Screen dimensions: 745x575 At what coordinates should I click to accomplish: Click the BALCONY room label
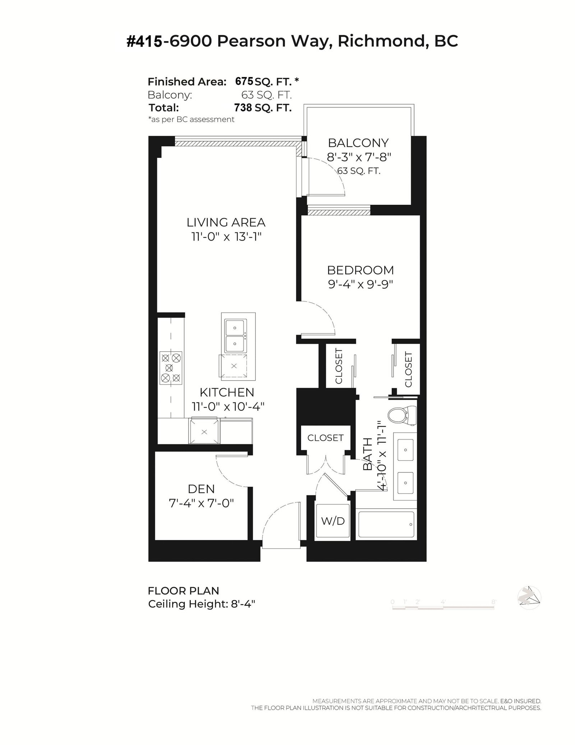click(358, 143)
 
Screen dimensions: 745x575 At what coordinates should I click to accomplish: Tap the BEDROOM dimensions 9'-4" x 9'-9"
click(360, 284)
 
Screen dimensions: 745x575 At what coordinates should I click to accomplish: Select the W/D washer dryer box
click(332, 521)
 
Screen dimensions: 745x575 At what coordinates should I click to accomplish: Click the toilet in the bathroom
click(401, 415)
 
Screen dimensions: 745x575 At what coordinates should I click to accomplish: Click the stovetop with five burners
click(171, 368)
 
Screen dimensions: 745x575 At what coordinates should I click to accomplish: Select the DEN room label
click(201, 489)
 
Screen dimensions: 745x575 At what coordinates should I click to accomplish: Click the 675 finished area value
click(244, 82)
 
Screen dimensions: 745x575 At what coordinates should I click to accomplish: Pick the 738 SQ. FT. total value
click(262, 108)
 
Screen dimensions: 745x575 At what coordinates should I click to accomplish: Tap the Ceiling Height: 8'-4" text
click(201, 604)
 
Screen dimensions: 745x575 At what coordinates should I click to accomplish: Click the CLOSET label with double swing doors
click(325, 438)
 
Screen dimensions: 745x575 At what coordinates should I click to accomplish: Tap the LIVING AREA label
click(226, 222)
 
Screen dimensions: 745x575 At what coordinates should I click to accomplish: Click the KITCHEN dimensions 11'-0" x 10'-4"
click(228, 406)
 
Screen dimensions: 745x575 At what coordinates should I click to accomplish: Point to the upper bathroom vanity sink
click(405, 450)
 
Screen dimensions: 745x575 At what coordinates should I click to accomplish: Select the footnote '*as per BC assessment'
click(191, 119)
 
